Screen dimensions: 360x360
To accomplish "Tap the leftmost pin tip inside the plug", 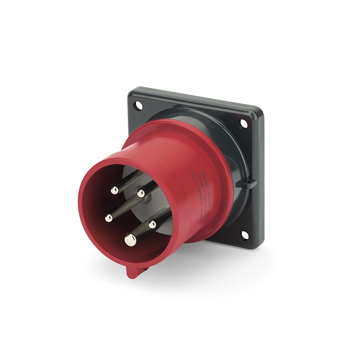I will tap(108, 218).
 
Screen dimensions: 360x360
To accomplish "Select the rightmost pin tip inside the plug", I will tap(153, 224).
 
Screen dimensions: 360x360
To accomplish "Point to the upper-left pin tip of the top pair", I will tap(115, 190).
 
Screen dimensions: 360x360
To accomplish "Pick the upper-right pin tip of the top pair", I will tap(141, 193).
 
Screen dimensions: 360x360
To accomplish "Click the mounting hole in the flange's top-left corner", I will tap(139, 105).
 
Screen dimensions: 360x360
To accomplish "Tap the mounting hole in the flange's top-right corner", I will tap(243, 122).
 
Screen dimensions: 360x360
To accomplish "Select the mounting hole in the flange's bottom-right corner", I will tap(244, 234).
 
